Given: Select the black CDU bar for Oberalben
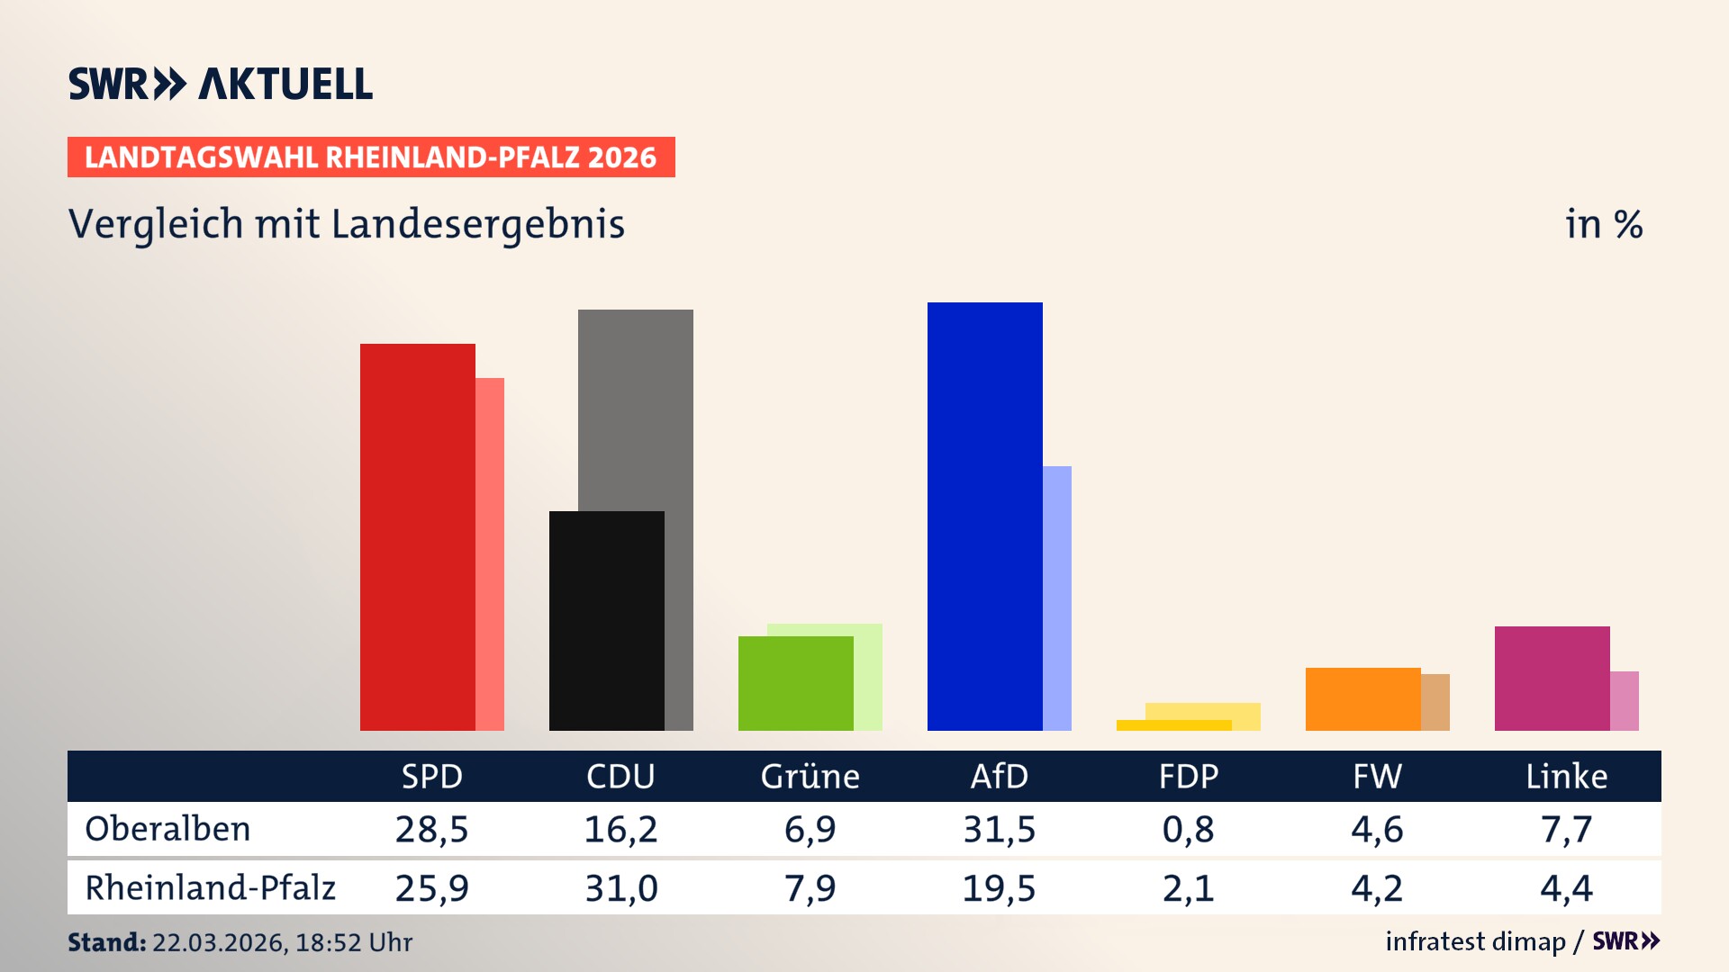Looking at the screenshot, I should pos(606,621).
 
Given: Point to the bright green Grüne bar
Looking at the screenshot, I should pos(795,683).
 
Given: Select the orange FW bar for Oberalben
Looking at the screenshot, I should pos(1362,698).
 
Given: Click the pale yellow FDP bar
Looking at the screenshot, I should pos(1207,711).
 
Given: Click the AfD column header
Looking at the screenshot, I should pos(999,776).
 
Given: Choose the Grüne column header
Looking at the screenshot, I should pos(810,776).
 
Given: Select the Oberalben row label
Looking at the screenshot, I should pos(167,829).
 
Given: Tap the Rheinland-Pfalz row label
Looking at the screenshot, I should pos(210,887).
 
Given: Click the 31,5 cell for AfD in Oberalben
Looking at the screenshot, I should pos(999,829).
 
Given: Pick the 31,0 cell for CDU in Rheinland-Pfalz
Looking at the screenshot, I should pos(620,888).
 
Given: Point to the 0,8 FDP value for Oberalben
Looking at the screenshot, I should pos(1188,829).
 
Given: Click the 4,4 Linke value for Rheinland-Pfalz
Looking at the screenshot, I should pos(1566,888).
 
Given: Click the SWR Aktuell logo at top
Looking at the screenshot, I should pos(221,84).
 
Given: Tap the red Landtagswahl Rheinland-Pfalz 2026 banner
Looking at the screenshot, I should pos(370,157).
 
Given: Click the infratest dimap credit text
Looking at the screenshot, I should pos(1475,941).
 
